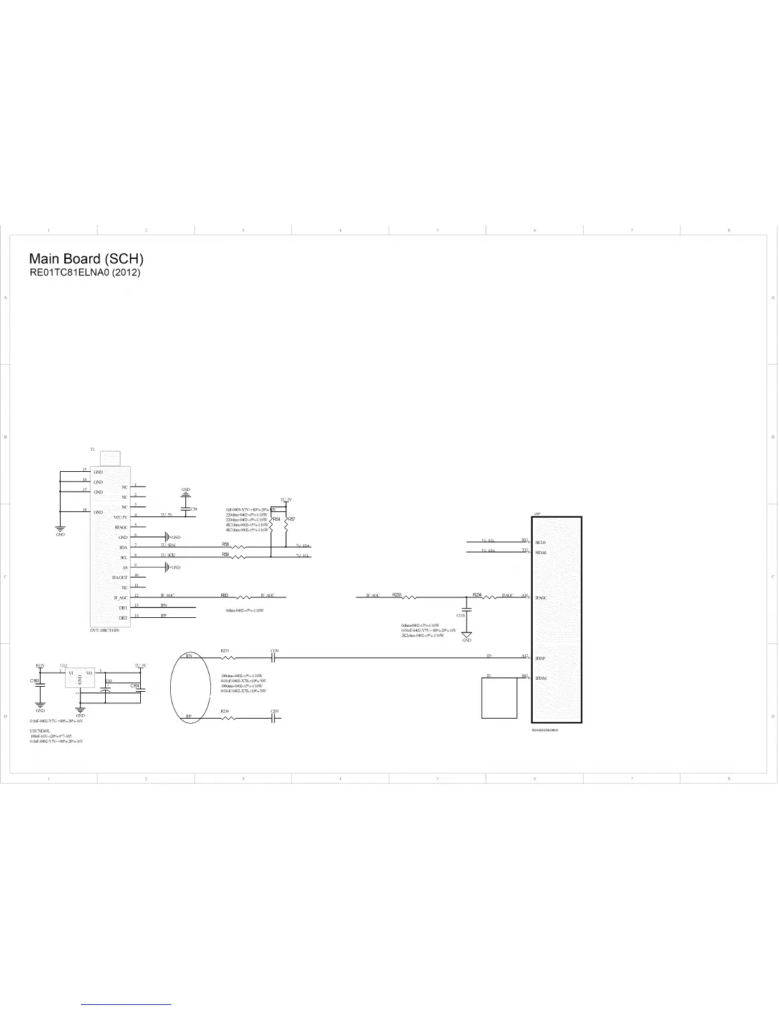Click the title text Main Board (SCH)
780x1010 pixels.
(x=86, y=259)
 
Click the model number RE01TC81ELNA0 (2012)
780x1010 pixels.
(x=85, y=272)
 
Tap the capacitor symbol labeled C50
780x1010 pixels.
(x=186, y=509)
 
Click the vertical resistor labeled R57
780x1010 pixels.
(x=286, y=525)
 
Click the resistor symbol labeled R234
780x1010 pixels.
(x=489, y=597)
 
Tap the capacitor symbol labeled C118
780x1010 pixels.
(x=466, y=610)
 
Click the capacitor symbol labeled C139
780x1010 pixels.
(x=273, y=657)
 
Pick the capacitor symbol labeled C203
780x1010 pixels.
(x=273, y=717)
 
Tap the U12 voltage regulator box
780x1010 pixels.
(x=80, y=678)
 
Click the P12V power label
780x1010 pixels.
(x=40, y=666)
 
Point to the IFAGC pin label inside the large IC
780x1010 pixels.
(x=542, y=598)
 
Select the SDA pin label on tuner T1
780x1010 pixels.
(x=123, y=548)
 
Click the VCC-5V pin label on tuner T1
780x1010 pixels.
(x=120, y=517)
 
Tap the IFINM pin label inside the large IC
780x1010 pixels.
(x=541, y=678)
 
